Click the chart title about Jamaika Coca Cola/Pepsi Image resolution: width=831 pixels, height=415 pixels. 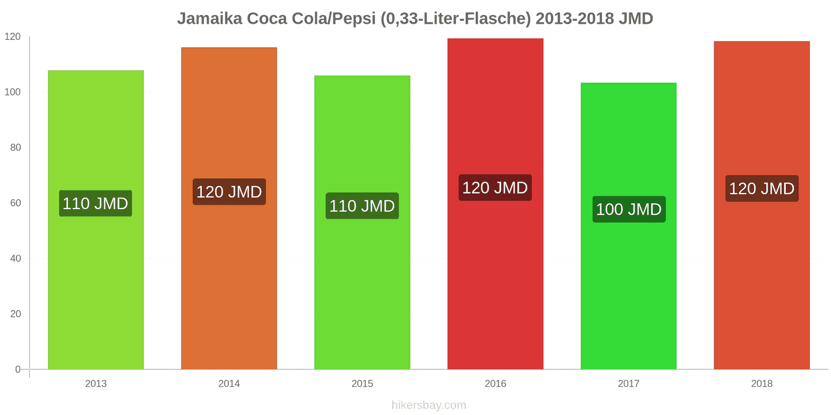tap(415, 19)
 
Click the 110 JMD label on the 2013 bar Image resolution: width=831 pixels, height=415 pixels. tap(96, 203)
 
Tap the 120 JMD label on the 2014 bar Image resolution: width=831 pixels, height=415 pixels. tap(229, 192)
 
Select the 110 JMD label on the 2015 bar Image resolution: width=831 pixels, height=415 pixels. tap(362, 206)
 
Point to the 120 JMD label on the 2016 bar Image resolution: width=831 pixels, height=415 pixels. tap(495, 188)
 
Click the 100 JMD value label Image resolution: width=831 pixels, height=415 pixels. tap(628, 209)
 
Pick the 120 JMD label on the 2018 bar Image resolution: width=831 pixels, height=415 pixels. tap(761, 189)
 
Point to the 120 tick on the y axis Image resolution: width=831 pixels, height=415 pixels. tap(12, 37)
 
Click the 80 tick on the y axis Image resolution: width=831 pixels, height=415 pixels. tap(16, 148)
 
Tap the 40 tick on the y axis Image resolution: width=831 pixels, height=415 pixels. tap(16, 258)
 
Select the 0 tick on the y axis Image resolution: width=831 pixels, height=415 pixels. tap(18, 369)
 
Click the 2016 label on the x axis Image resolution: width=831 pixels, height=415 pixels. tap(495, 384)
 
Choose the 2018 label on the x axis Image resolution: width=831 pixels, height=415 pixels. tap(761, 384)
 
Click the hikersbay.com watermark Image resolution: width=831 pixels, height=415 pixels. tap(429, 405)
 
